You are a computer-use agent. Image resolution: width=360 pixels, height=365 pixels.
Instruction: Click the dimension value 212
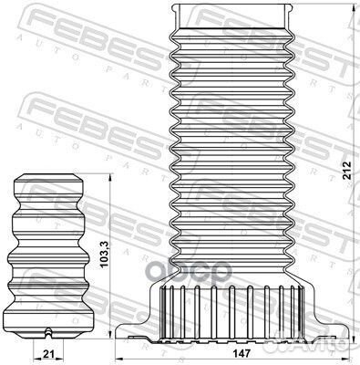coord(347,170)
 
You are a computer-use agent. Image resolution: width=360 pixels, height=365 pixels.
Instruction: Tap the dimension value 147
coord(242,354)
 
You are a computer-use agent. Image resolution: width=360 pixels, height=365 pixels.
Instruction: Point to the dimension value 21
coord(48,354)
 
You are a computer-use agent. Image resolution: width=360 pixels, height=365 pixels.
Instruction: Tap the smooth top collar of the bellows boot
coord(232,16)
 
